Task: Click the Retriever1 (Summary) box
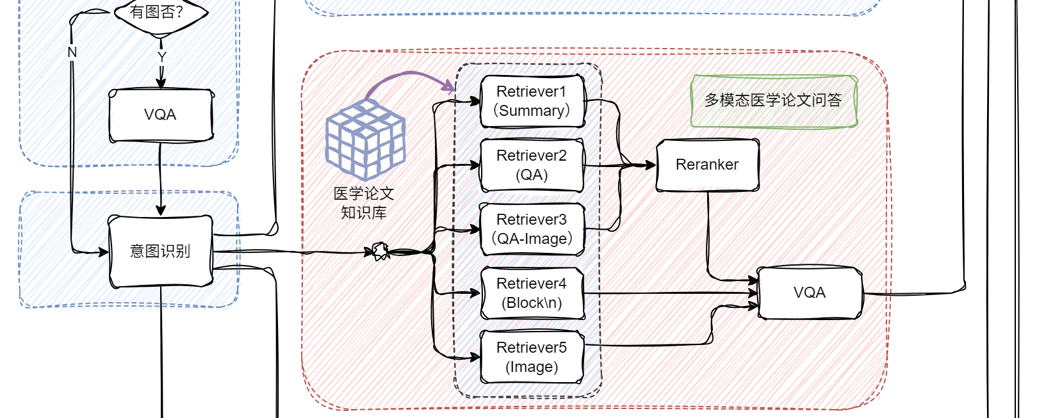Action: (x=532, y=101)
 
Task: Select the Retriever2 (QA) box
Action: (x=532, y=165)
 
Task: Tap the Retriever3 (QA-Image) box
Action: (x=532, y=229)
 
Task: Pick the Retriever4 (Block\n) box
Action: (x=532, y=293)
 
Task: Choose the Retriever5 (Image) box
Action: (x=532, y=357)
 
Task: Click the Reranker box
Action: (x=707, y=165)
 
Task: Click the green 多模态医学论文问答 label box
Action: (x=774, y=101)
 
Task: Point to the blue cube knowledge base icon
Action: (x=365, y=140)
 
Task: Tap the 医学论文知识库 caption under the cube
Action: (x=364, y=203)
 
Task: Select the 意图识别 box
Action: (x=161, y=251)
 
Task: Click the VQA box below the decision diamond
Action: (x=161, y=115)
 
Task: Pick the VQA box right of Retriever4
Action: (x=810, y=293)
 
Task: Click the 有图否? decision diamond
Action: (x=160, y=13)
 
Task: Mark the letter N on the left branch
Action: (x=72, y=52)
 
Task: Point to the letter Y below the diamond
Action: (x=161, y=57)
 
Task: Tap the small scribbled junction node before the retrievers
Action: (x=380, y=251)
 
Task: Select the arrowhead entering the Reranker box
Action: (x=651, y=165)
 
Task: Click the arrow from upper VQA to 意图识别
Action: (x=160, y=179)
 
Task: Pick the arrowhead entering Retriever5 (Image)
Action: (x=475, y=357)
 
